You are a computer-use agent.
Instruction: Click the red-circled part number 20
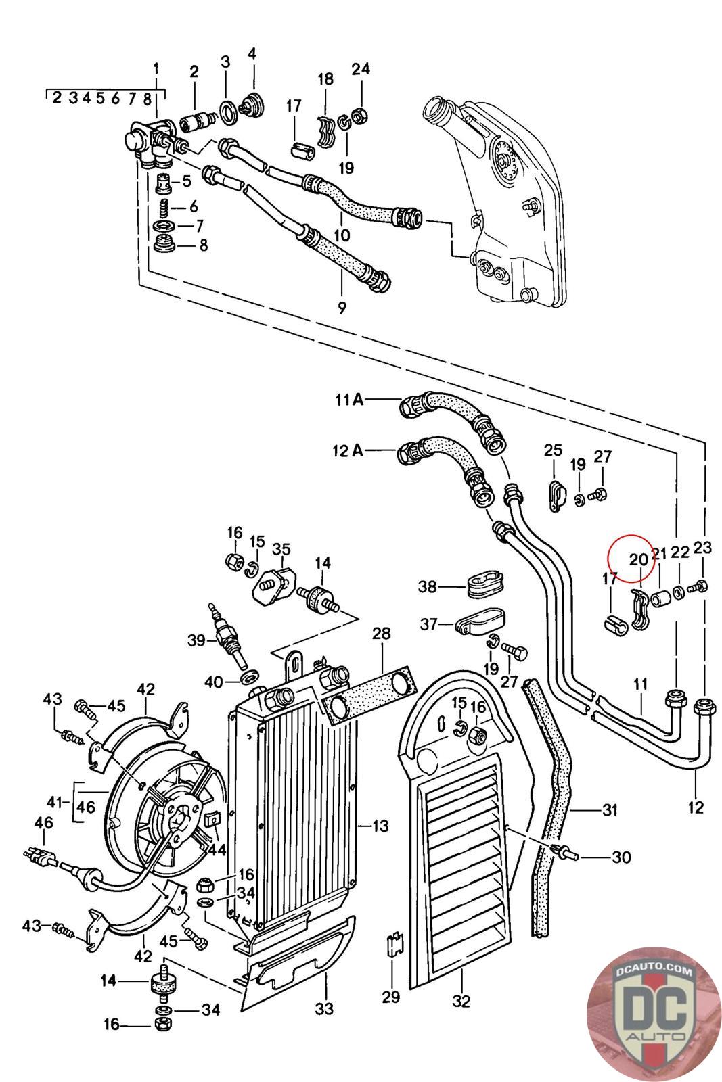638,559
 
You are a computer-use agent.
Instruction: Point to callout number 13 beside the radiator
380,825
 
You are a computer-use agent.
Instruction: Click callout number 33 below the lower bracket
324,1009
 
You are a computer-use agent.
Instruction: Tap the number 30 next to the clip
621,857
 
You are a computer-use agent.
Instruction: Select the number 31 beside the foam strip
610,809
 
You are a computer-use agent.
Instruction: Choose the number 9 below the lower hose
342,308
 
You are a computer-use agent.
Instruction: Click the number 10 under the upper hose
342,235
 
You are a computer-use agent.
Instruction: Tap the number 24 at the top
361,68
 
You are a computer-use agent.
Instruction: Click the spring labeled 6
163,207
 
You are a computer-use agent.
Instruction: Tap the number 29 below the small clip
391,996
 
